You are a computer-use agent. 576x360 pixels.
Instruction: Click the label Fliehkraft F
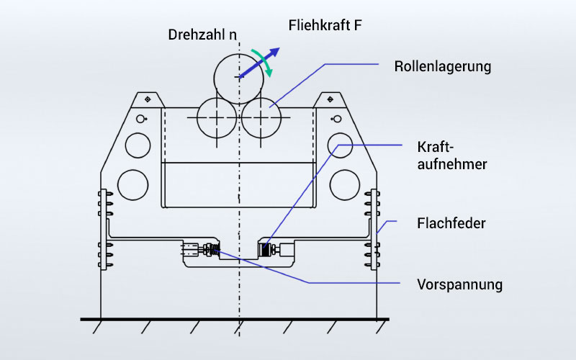coord(325,25)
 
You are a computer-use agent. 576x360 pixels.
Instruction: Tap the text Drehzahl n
coord(202,35)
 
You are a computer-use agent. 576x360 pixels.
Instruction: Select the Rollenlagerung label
coord(442,66)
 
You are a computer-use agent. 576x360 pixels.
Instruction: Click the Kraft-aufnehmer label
coord(452,156)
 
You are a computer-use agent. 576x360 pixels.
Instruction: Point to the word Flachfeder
coord(451,223)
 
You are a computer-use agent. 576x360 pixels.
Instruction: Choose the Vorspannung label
coord(459,284)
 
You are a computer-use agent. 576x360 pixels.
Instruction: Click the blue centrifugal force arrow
coord(259,63)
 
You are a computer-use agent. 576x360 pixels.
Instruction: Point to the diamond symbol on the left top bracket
coord(148,99)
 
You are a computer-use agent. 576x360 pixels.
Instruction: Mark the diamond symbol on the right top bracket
coord(330,99)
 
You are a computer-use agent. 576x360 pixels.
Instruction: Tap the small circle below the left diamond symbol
coord(140,119)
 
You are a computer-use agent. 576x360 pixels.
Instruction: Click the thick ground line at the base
coord(235,319)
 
